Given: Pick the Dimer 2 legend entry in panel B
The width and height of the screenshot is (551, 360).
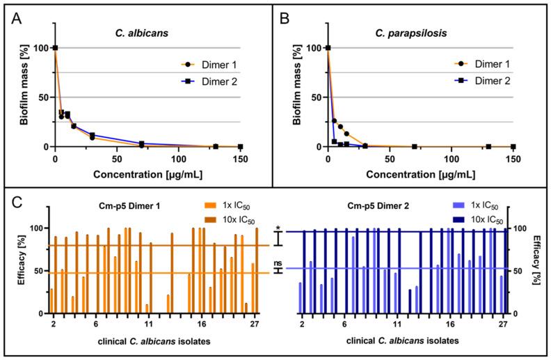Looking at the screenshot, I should pyautogui.click(x=487, y=81).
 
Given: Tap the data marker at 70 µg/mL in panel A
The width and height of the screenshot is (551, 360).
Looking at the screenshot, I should pyautogui.click(x=141, y=144).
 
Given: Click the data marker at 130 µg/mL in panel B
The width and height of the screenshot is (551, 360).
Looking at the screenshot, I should pyautogui.click(x=488, y=146).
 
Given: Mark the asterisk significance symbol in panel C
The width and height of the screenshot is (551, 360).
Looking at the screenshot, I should pyautogui.click(x=278, y=228).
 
